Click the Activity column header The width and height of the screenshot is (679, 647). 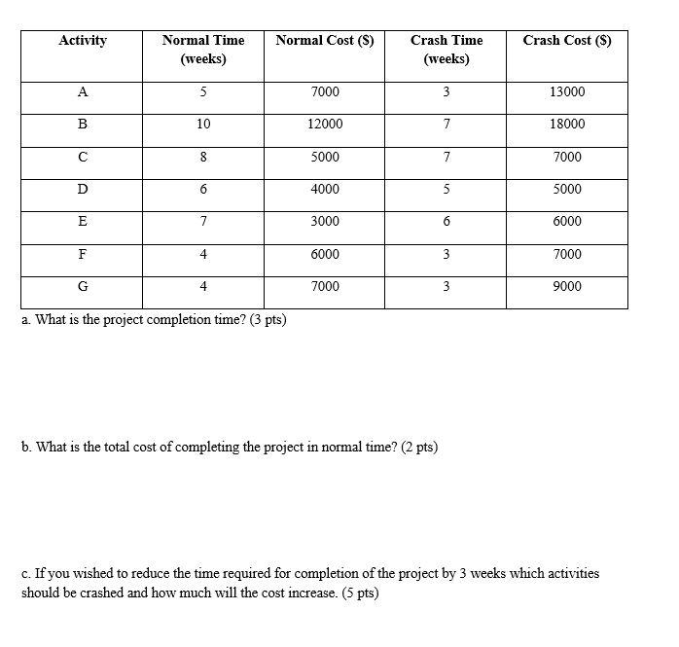83,41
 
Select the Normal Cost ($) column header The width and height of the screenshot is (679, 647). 324,41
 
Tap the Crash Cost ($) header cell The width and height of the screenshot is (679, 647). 566,41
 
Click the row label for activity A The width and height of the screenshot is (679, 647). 83,92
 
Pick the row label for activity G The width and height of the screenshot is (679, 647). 83,287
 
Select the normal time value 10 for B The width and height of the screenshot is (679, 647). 203,125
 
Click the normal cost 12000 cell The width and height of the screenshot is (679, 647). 325,125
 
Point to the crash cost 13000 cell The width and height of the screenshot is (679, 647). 567,92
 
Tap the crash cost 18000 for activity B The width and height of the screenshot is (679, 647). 567,125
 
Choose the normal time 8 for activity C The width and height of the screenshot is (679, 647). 203,157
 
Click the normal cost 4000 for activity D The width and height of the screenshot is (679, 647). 325,190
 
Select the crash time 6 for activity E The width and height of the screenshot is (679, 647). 447,222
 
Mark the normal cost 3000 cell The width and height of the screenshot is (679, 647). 325,222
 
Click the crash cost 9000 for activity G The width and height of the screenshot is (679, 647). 567,287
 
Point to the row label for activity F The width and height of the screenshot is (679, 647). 83,254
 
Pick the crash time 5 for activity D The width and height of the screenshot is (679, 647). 447,190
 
